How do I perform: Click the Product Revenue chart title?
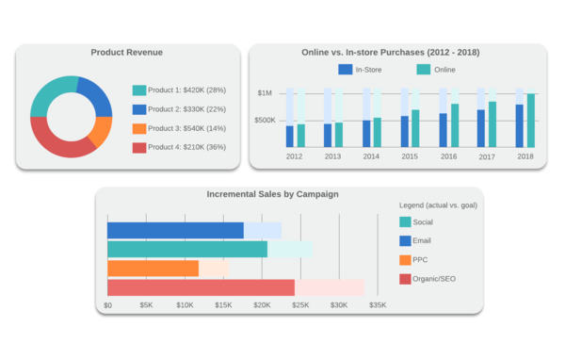pos(126,52)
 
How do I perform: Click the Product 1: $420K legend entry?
pos(179,90)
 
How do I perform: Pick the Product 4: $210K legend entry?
pos(179,147)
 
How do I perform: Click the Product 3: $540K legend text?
pos(187,128)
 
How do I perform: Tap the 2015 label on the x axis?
pos(410,156)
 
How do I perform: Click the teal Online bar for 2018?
pos(531,120)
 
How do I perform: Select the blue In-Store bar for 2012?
pos(290,136)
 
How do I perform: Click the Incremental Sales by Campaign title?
pos(272,194)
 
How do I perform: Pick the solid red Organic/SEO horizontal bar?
pos(201,287)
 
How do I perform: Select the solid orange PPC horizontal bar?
pos(153,269)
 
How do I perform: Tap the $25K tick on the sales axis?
pos(300,305)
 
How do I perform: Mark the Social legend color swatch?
pos(405,221)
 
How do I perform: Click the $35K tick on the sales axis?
pos(377,305)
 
